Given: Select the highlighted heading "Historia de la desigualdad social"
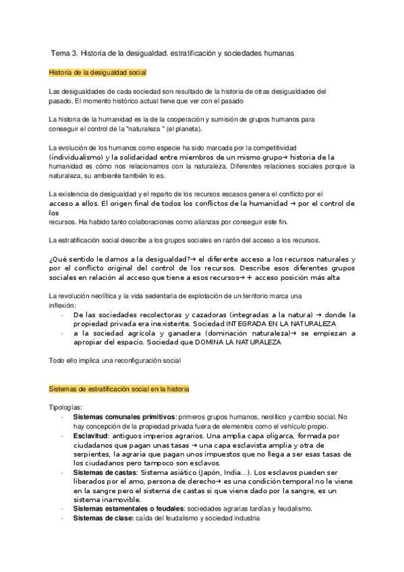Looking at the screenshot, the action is [x=97, y=72].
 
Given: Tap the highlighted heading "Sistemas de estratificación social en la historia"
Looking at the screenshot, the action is [x=119, y=389].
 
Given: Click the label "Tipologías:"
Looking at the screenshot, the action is [x=66, y=407].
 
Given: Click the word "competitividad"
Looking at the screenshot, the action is [x=274, y=147].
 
